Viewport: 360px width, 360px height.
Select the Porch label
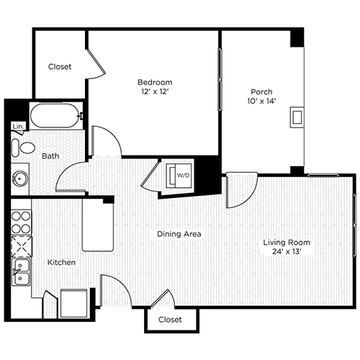[261, 91]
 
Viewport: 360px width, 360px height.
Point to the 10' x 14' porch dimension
[261, 102]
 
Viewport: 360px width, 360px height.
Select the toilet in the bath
[26, 149]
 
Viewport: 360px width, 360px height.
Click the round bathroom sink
[20, 176]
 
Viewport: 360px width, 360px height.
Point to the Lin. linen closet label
[17, 127]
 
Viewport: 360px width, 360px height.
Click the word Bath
[50, 156]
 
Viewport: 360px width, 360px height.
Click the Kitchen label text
[62, 263]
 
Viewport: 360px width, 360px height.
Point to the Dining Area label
[179, 234]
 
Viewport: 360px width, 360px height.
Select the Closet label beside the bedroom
[60, 67]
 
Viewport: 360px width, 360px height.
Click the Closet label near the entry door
[170, 319]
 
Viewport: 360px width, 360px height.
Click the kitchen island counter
[98, 225]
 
